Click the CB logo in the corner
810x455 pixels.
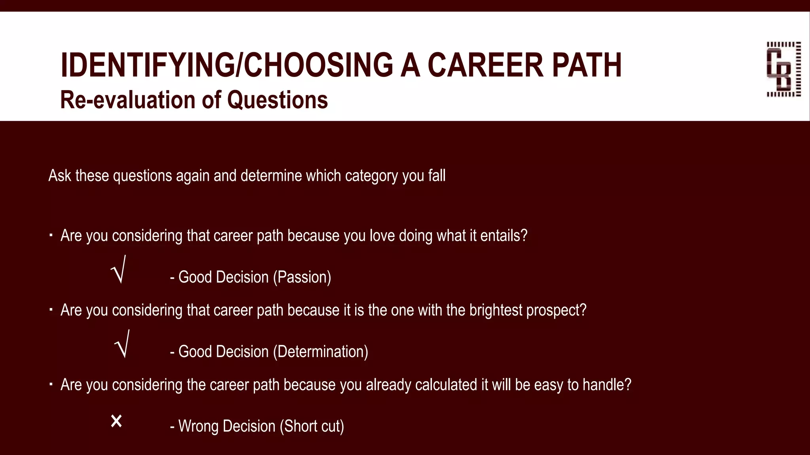click(784, 69)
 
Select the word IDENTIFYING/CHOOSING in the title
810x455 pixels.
click(227, 65)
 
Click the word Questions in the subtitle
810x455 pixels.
click(277, 100)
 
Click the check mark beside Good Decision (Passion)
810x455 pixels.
click(119, 270)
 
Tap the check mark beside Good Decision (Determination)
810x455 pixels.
click(122, 345)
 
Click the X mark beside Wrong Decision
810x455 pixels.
click(116, 421)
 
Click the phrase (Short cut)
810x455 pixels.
click(312, 427)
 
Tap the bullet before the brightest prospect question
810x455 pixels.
click(51, 310)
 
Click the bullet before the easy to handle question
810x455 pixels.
click(51, 384)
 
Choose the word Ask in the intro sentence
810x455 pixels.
click(59, 176)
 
